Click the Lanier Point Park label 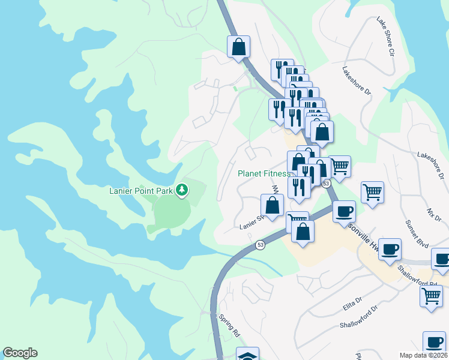point(141,191)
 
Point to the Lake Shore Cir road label point(385,37)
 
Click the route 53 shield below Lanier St point(260,245)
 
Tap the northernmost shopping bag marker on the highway point(238,47)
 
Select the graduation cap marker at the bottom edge point(247,355)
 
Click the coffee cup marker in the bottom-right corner point(434,342)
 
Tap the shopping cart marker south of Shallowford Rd point(431,295)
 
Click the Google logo point(20,353)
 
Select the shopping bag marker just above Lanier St point(272,205)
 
